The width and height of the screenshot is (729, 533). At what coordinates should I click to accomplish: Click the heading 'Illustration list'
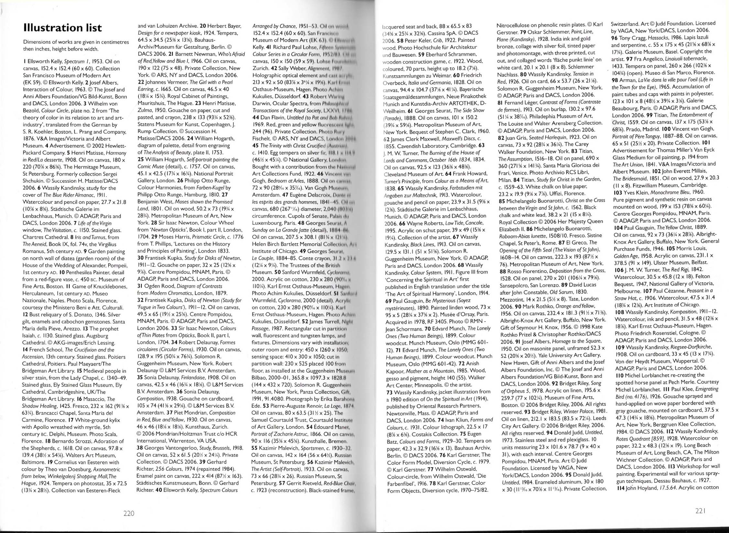62,28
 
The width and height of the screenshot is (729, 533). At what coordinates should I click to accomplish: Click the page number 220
129,513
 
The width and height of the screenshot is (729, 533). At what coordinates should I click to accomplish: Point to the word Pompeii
115,266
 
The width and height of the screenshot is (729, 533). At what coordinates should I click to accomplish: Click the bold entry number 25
141,160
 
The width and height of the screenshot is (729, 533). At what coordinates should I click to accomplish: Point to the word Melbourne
627,291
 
